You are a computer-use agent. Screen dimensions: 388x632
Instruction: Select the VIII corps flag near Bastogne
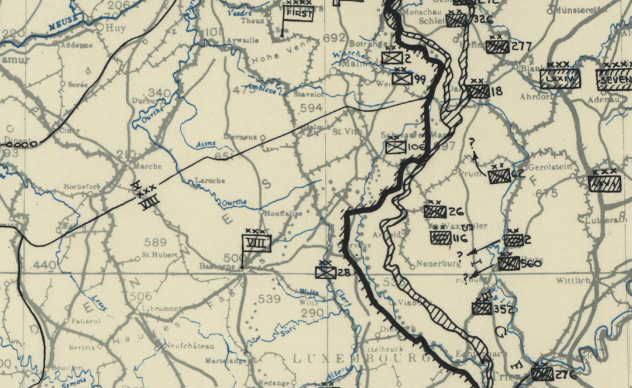pyautogui.click(x=257, y=242)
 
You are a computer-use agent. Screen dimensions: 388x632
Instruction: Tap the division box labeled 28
pyautogui.click(x=325, y=272)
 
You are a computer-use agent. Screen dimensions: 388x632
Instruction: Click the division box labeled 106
pyautogui.click(x=396, y=147)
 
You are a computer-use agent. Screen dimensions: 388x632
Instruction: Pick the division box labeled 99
pyautogui.click(x=402, y=78)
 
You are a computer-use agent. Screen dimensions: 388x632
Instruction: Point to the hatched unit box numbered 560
pyautogui.click(x=509, y=263)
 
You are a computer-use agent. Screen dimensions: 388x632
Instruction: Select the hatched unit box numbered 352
pyautogui.click(x=482, y=308)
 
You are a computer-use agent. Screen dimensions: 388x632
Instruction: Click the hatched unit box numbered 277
pyautogui.click(x=497, y=47)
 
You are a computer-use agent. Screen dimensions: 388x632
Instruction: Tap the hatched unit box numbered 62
pyautogui.click(x=499, y=176)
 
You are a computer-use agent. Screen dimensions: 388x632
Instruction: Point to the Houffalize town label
pyautogui.click(x=283, y=214)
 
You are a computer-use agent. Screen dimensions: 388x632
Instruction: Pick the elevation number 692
pyautogui.click(x=334, y=38)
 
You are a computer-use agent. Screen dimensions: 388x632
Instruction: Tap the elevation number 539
pyautogui.click(x=269, y=299)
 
